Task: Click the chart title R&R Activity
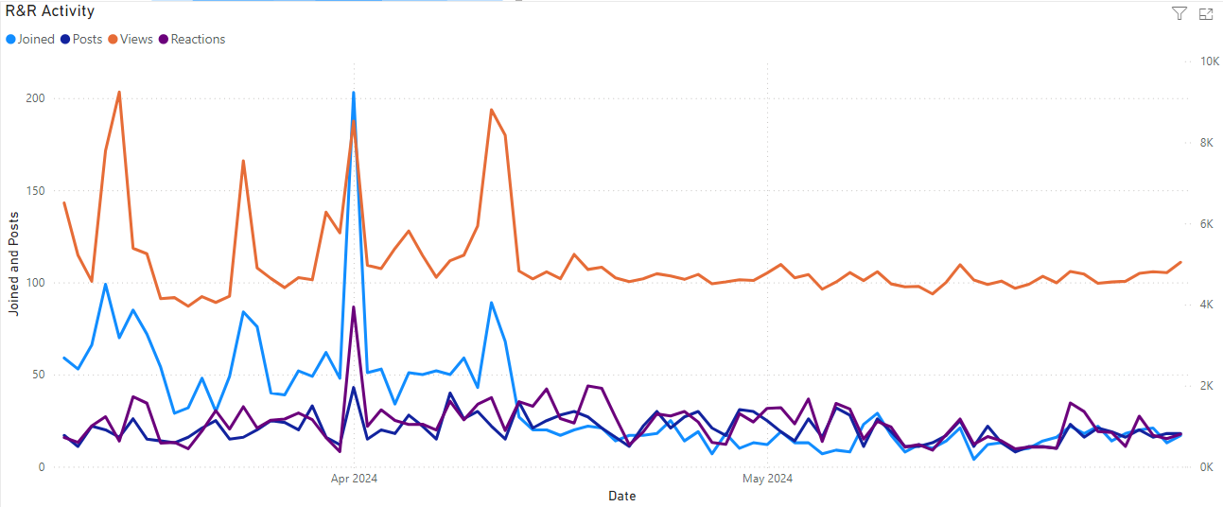50,11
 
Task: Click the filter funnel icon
1179,13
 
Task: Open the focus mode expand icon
1206,13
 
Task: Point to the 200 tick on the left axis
35,98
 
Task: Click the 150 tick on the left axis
35,191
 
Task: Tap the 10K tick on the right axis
1209,61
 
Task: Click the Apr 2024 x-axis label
354,479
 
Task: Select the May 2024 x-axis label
767,479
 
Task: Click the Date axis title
621,496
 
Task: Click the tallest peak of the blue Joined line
354,93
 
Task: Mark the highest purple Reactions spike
354,306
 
